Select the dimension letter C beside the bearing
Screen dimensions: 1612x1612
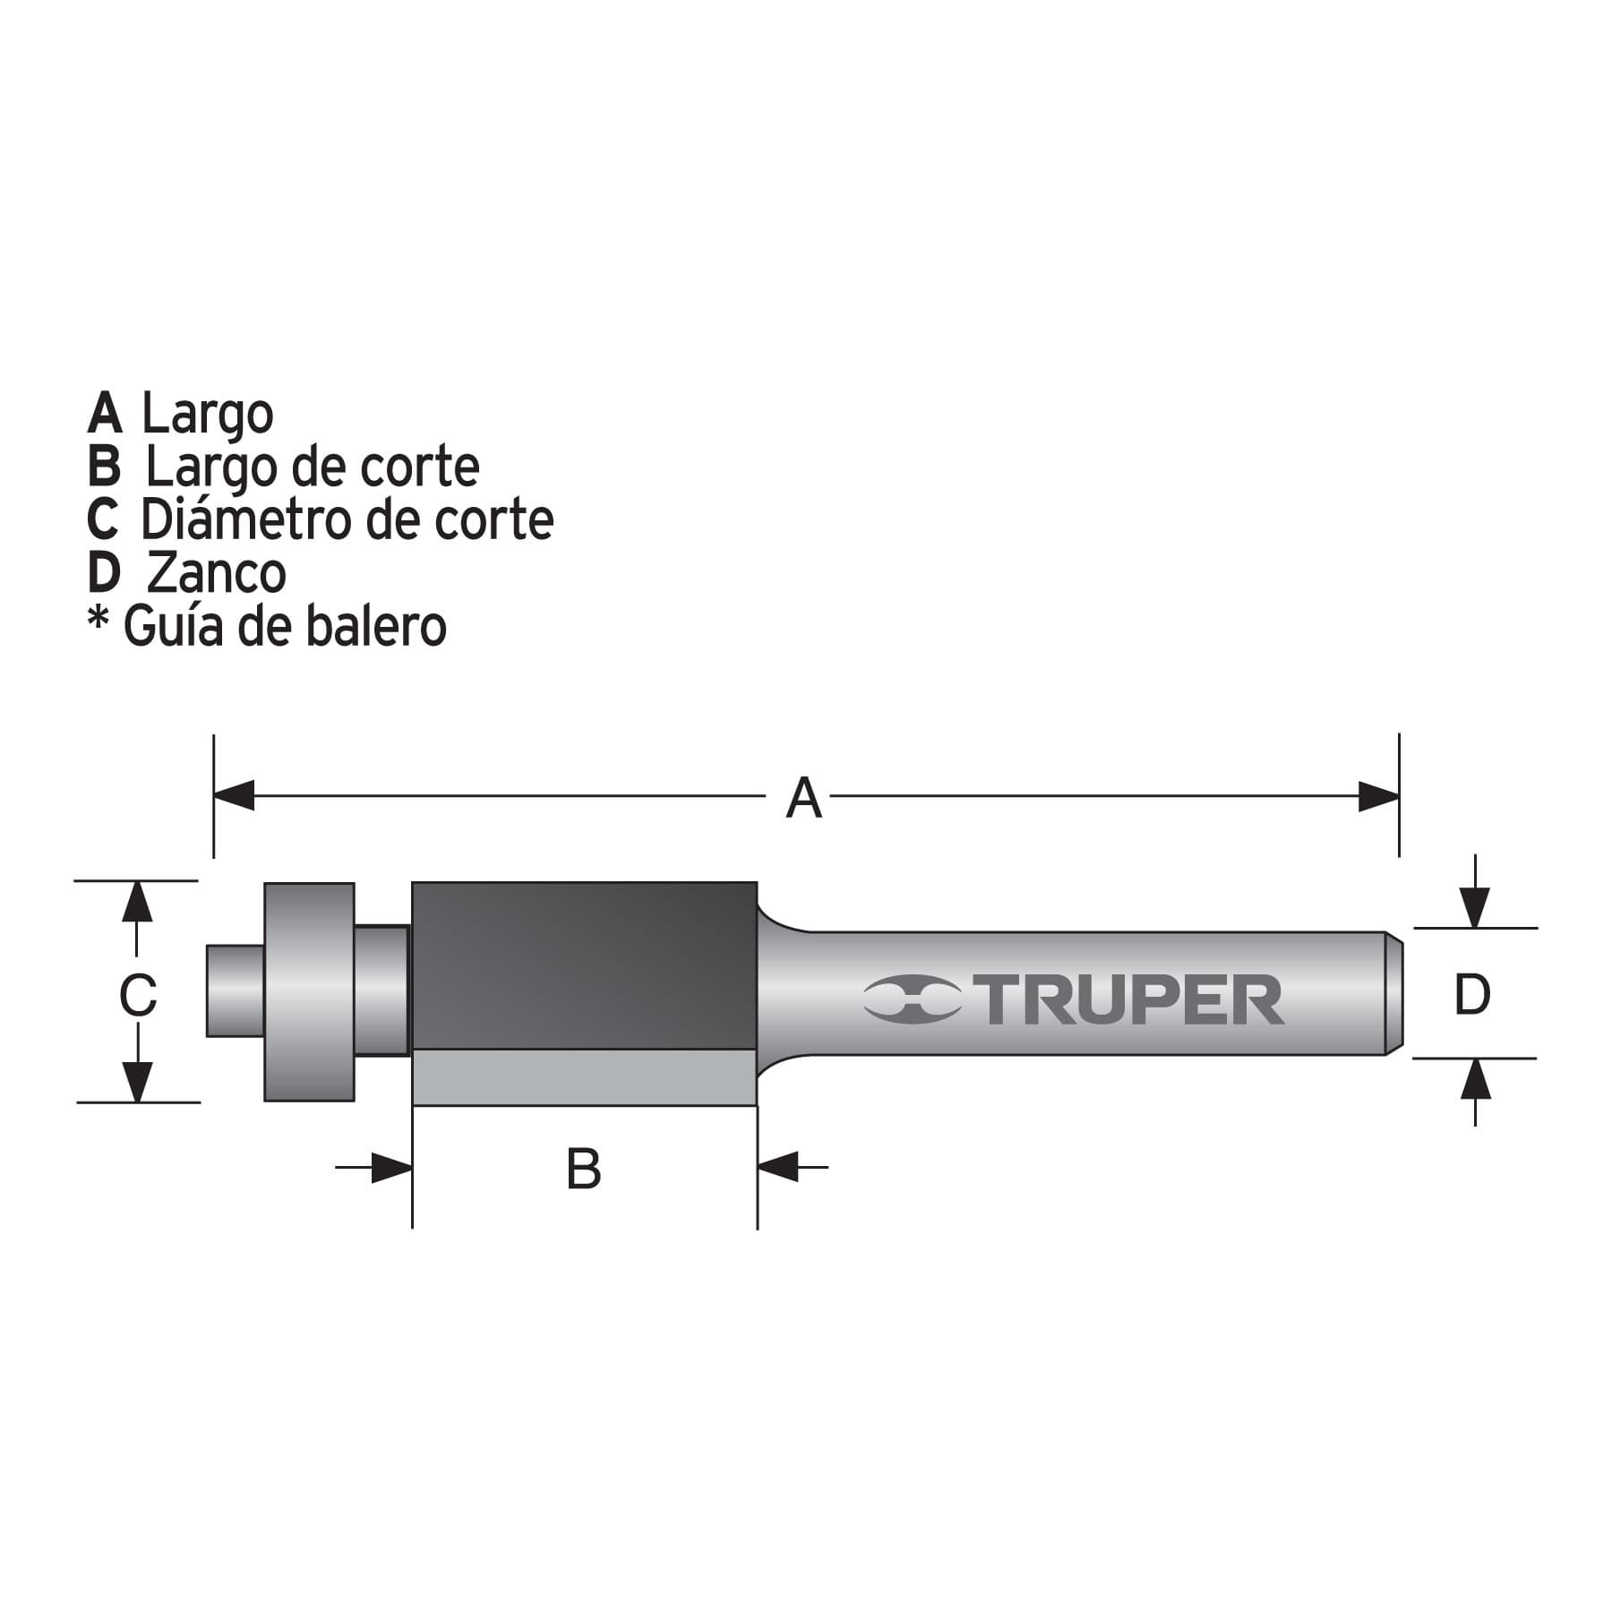pyautogui.click(x=138, y=995)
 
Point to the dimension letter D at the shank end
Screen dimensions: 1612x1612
pyautogui.click(x=1472, y=994)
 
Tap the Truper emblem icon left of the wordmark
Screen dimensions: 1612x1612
pyautogui.click(x=912, y=999)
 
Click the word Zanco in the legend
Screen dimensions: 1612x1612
pyautogui.click(x=216, y=572)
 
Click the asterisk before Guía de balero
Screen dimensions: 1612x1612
pyautogui.click(x=98, y=619)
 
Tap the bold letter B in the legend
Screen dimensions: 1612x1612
pyautogui.click(x=104, y=467)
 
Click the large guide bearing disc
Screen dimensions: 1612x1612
pyautogui.click(x=309, y=991)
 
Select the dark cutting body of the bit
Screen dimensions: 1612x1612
pyautogui.click(x=584, y=965)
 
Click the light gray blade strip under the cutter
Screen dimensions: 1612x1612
pyautogui.click(x=584, y=1077)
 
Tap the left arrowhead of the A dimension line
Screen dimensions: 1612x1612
pyautogui.click(x=234, y=795)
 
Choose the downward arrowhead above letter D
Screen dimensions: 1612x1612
pyautogui.click(x=1475, y=907)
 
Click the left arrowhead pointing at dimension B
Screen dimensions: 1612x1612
pyautogui.click(x=391, y=1168)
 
